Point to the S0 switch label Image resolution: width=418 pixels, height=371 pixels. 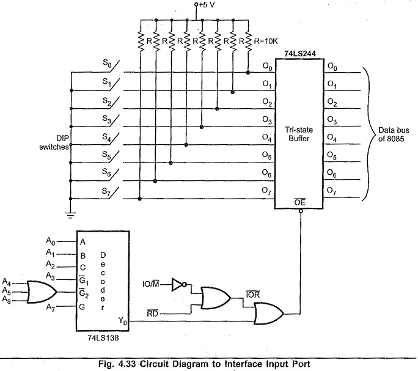[x=107, y=62]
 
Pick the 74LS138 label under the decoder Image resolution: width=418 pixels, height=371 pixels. [x=103, y=337]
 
